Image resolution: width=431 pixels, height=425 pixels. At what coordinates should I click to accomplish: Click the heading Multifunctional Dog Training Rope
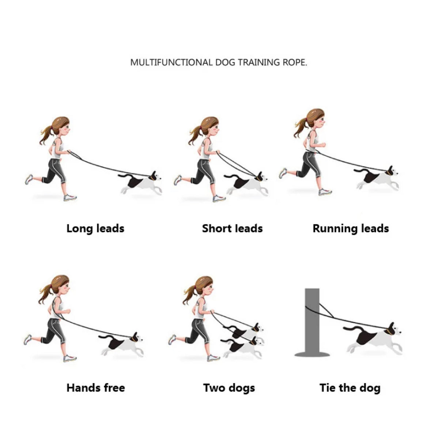tap(219, 62)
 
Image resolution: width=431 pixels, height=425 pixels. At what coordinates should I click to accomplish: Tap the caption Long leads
tap(95, 228)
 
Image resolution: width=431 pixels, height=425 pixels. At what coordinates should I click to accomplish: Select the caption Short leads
tap(232, 228)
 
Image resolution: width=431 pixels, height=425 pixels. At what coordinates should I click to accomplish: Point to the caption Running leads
tap(351, 228)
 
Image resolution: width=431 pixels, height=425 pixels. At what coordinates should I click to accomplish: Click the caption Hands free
tap(96, 388)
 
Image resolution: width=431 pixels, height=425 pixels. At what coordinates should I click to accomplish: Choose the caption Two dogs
tap(229, 388)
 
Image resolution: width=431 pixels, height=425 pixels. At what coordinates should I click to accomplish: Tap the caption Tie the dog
tap(350, 388)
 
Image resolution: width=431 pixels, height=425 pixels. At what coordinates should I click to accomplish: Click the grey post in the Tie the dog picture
tap(312, 323)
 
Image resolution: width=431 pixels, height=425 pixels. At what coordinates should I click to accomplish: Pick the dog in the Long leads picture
tap(140, 183)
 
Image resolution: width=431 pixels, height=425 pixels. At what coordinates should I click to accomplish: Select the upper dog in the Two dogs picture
tap(245, 331)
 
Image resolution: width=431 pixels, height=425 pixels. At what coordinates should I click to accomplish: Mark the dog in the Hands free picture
tap(122, 344)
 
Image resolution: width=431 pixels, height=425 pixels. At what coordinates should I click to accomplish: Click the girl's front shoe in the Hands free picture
tap(70, 358)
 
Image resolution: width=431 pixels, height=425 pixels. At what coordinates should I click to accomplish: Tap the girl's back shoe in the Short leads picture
tap(178, 180)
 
